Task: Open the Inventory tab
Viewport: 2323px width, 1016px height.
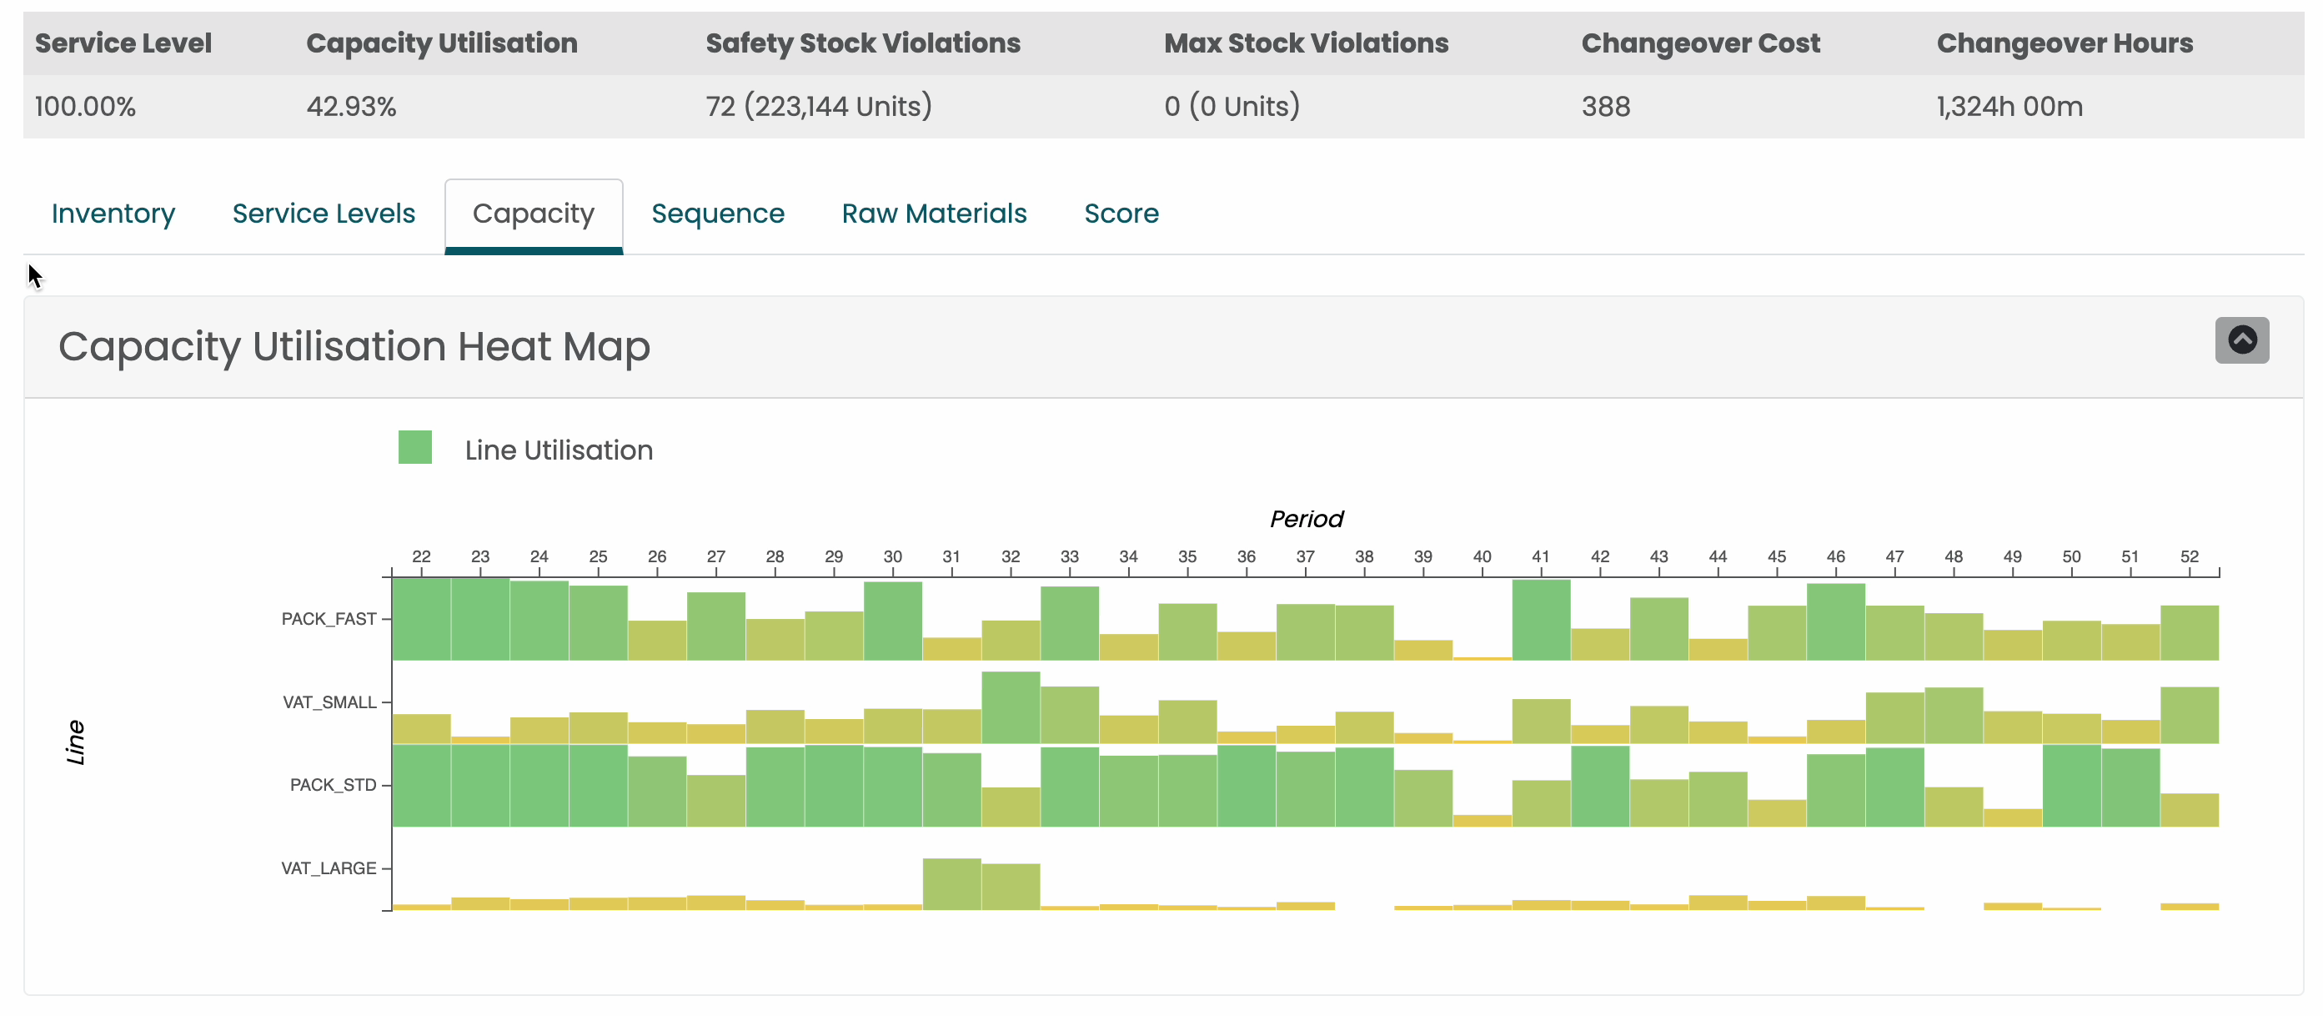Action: (113, 214)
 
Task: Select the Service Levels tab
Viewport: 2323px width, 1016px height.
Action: (323, 214)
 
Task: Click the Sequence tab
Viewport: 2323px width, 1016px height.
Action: (717, 214)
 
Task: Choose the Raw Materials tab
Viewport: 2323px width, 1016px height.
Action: (933, 214)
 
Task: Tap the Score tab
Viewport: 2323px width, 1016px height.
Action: (1120, 214)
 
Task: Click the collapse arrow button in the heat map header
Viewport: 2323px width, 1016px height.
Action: (2241, 340)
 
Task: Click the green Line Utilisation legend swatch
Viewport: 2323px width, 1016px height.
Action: (415, 448)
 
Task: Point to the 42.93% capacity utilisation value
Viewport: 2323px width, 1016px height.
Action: (351, 107)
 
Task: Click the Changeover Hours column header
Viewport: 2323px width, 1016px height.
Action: (2064, 43)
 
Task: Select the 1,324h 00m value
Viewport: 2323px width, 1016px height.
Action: (2009, 107)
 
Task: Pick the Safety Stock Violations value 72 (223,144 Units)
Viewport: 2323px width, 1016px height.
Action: (818, 107)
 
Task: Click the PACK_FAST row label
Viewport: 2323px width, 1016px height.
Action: (329, 619)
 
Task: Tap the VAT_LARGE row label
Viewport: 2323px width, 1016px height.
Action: (329, 868)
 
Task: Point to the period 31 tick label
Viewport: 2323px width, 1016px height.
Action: (951, 556)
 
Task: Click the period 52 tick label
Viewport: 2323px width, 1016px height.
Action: (2188, 556)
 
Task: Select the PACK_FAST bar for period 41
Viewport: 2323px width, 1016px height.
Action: (1540, 621)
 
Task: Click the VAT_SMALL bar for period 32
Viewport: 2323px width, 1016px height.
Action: (1010, 708)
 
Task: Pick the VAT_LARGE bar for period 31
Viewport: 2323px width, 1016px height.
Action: (951, 884)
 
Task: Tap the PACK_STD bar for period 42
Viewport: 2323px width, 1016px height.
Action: (1599, 787)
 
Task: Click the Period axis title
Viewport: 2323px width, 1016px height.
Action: (1306, 519)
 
